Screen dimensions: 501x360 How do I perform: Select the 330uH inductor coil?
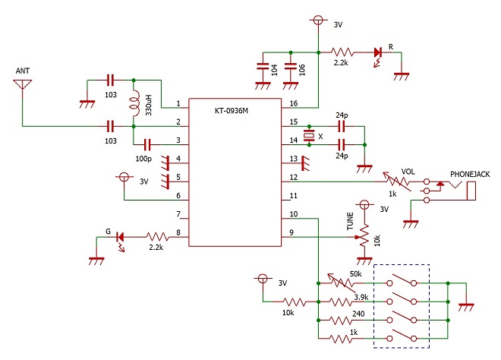click(x=134, y=103)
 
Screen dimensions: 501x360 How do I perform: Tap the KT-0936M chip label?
click(x=232, y=111)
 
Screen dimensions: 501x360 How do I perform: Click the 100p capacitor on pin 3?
click(x=147, y=145)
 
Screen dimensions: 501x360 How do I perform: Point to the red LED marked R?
click(x=378, y=55)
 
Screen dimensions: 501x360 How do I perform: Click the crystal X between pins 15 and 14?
click(x=309, y=136)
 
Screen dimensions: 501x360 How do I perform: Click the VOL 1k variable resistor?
click(x=397, y=182)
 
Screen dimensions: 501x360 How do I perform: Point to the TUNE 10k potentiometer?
click(x=364, y=237)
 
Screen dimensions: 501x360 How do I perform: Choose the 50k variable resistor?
click(x=342, y=283)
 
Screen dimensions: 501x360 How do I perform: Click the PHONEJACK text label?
click(x=470, y=174)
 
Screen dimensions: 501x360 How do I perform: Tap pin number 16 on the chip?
click(x=294, y=103)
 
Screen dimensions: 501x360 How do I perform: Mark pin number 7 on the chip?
click(x=178, y=214)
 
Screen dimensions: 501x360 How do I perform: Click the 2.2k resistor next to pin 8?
click(x=158, y=237)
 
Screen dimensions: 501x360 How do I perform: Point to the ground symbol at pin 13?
click(x=305, y=163)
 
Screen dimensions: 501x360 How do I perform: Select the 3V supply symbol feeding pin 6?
click(x=124, y=177)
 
